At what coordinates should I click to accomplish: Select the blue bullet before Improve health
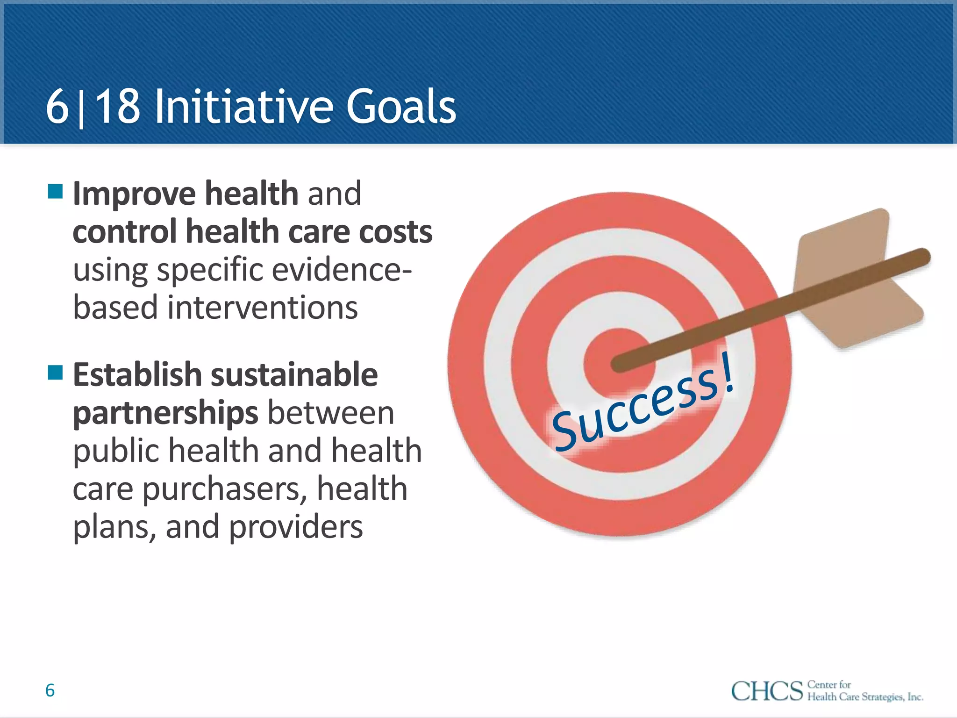click(55, 191)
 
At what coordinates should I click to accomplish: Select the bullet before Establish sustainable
click(55, 373)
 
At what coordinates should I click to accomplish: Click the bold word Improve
click(134, 194)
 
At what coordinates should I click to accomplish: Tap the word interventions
click(263, 308)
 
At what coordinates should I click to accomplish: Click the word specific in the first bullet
click(210, 270)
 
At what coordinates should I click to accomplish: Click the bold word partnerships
click(165, 413)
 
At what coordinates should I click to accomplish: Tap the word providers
click(296, 527)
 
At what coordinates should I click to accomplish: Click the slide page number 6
click(50, 690)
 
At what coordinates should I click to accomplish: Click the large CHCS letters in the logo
click(766, 691)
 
